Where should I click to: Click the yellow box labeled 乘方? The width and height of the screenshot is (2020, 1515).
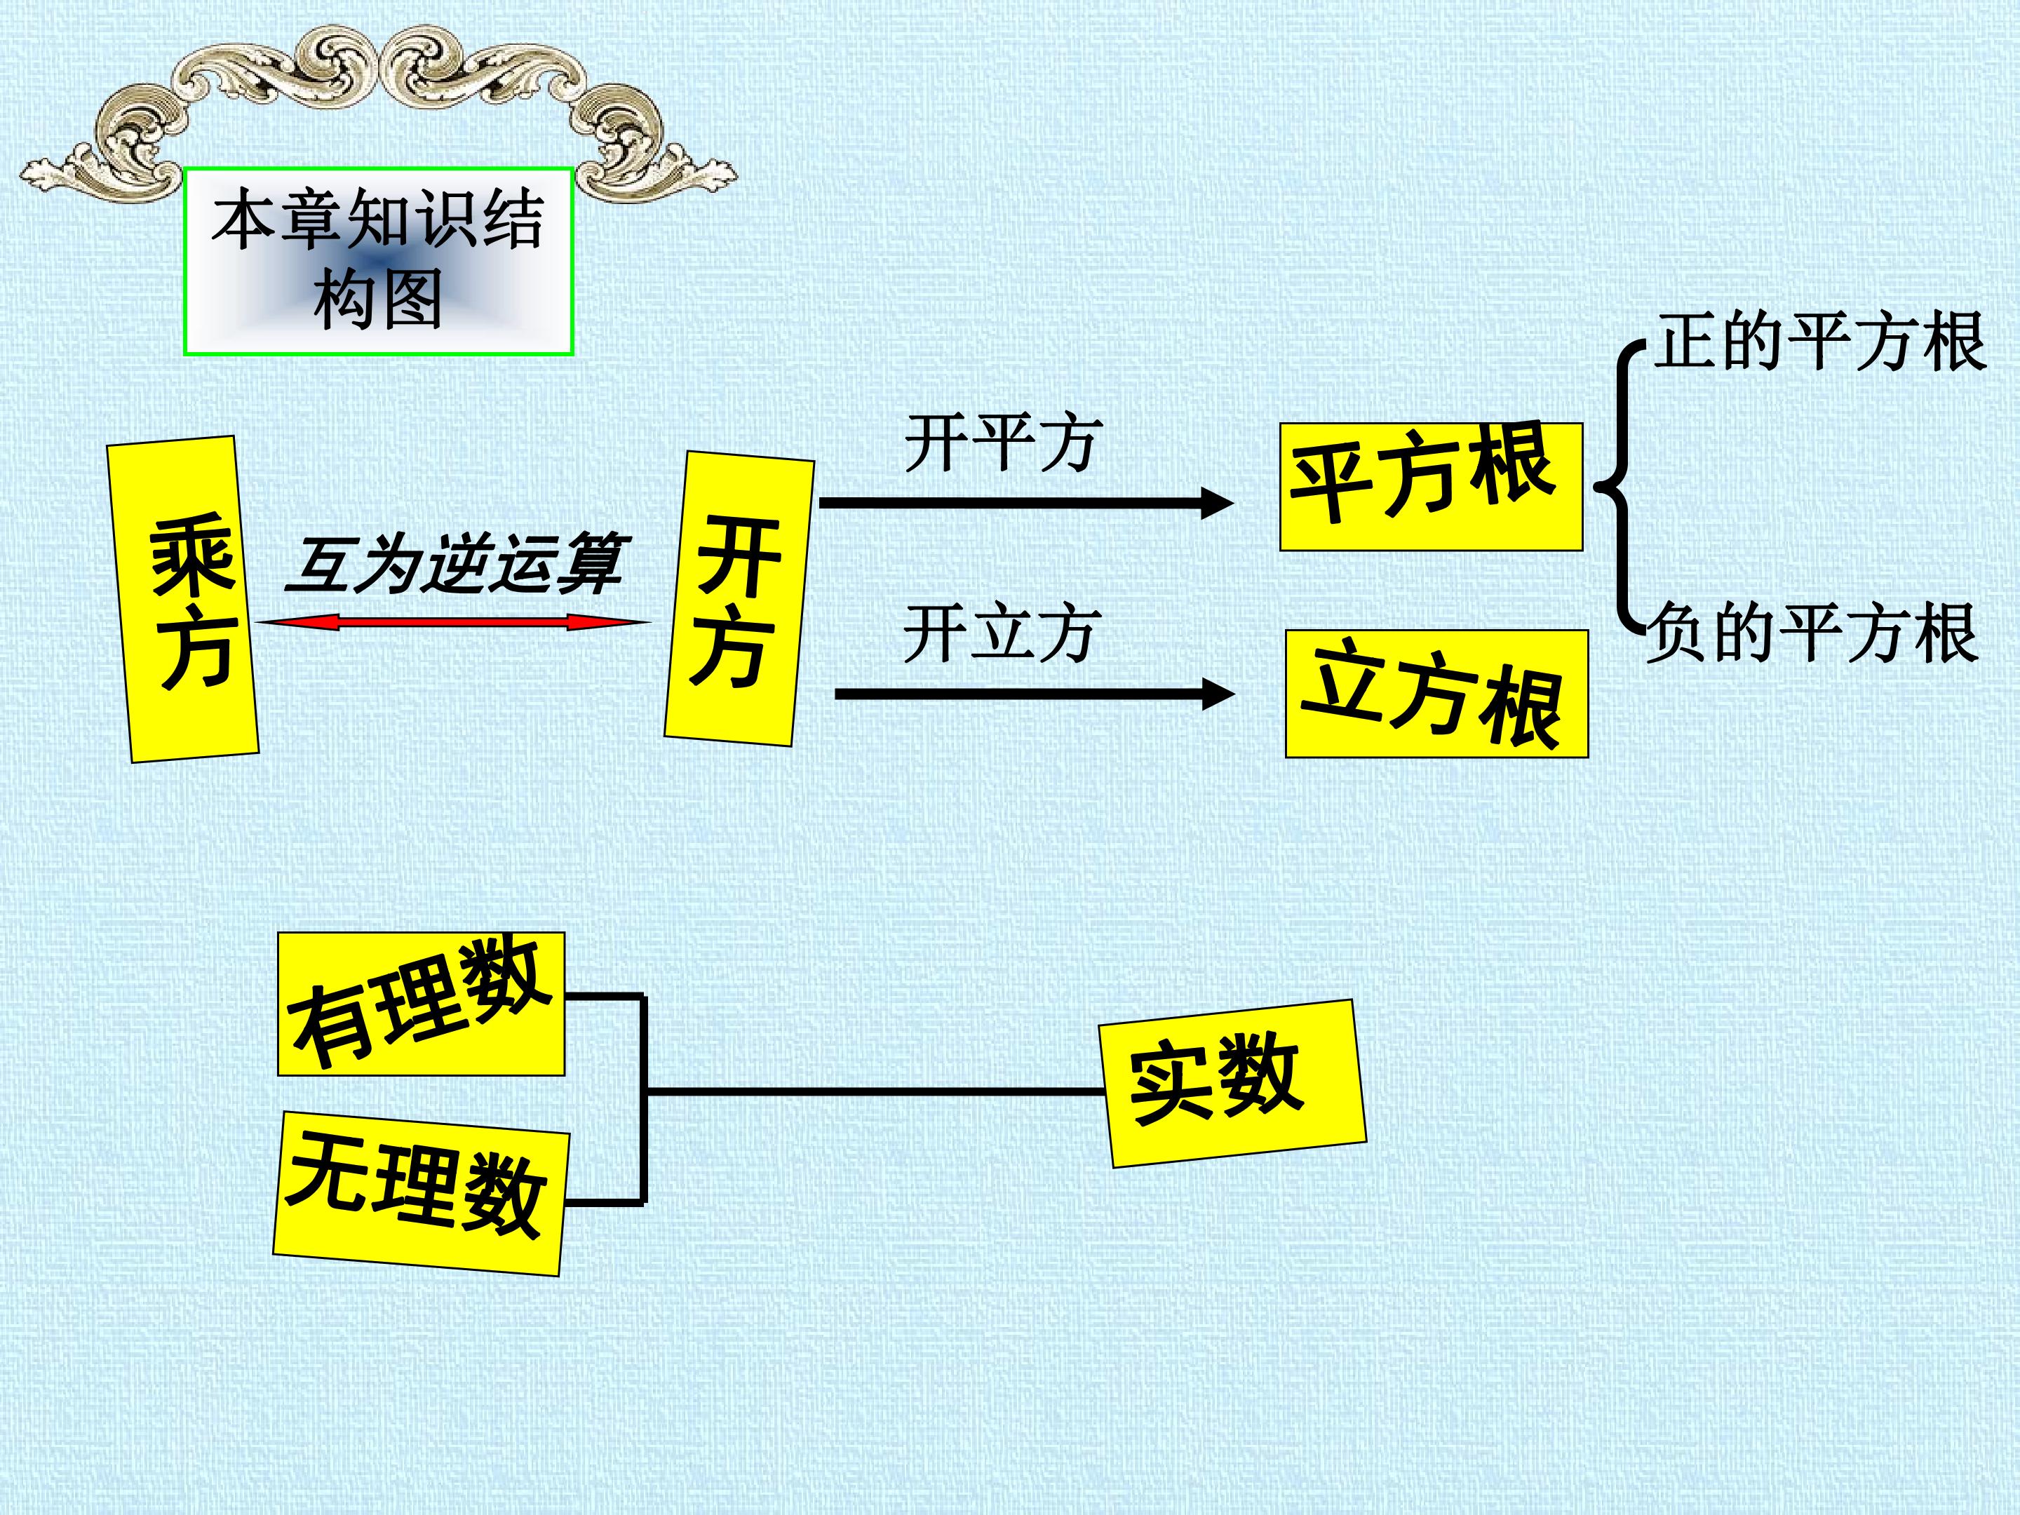[182, 599]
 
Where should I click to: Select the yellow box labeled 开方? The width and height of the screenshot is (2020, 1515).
[739, 599]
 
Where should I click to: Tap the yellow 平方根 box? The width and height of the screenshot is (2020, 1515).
[1431, 487]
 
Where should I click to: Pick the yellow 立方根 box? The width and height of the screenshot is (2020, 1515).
[1436, 694]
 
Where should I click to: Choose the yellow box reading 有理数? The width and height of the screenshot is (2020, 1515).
[421, 1004]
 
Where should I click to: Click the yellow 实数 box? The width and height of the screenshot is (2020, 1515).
[1234, 1083]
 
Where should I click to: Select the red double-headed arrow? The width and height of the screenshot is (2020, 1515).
[453, 623]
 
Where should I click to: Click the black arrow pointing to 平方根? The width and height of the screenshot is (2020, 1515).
[1026, 502]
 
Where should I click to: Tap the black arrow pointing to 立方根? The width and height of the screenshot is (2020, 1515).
[1035, 694]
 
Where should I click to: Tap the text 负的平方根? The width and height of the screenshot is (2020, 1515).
[1812, 632]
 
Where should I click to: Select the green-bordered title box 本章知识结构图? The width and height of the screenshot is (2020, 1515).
[378, 261]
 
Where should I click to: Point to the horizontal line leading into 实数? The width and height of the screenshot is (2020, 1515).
[875, 1091]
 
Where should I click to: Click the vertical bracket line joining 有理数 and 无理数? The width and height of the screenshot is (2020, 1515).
[643, 1098]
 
